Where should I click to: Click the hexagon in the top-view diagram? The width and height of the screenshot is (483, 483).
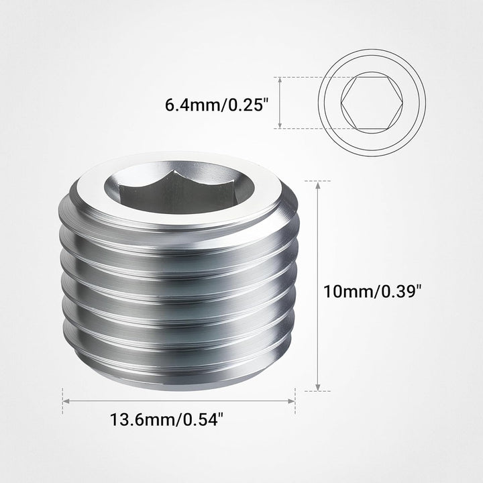(372, 103)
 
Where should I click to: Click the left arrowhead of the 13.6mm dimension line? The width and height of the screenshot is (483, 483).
(66, 401)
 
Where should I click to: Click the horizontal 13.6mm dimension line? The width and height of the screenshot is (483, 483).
(178, 401)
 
